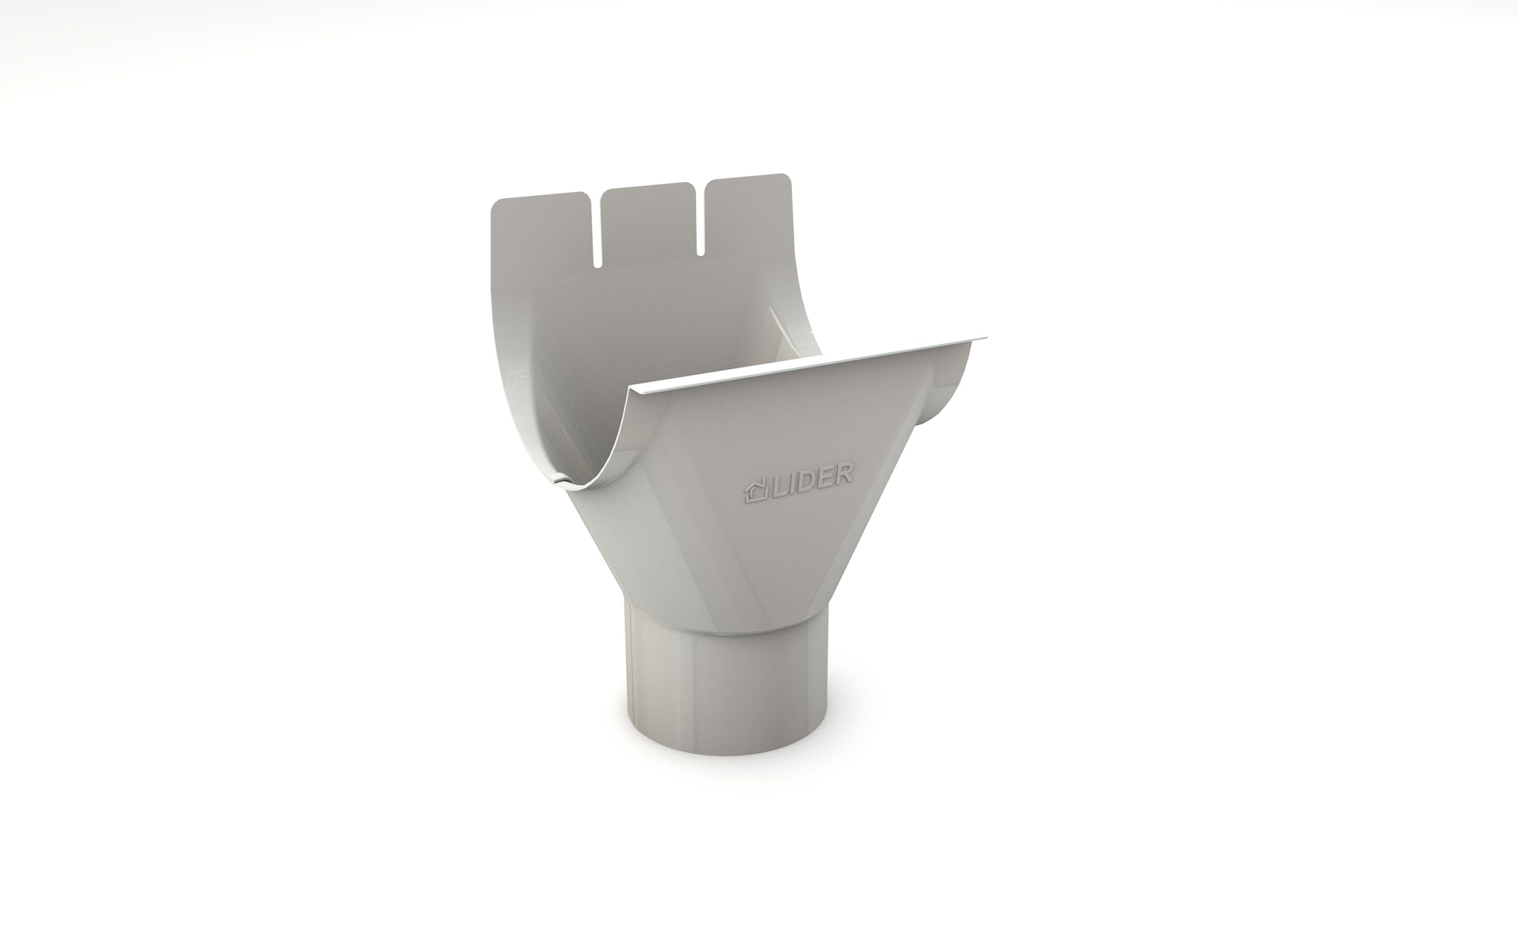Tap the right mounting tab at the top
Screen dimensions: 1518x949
pyautogui.click(x=749, y=213)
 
